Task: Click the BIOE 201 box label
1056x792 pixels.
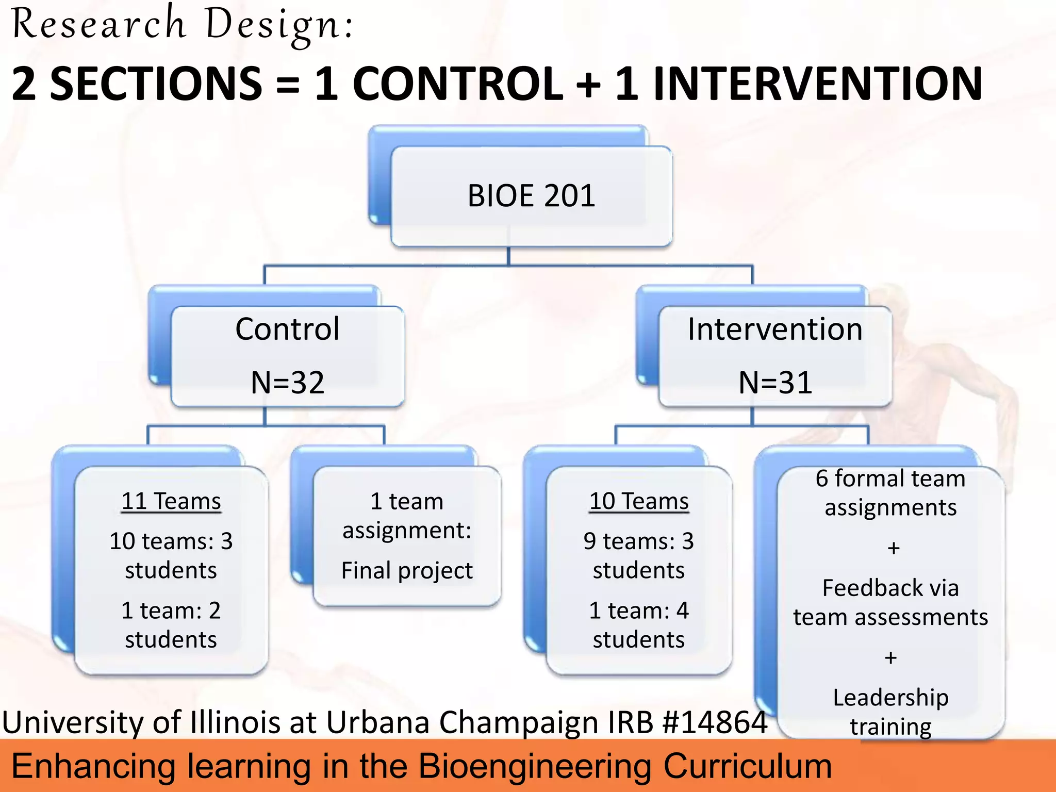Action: click(531, 196)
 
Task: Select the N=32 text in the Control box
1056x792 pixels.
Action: click(288, 383)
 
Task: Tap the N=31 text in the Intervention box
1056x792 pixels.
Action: click(775, 383)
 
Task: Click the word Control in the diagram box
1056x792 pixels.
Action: click(288, 329)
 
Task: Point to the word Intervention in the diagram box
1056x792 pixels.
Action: click(775, 329)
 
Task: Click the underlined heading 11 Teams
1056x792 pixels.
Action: click(171, 501)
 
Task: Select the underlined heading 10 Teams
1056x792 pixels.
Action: click(639, 501)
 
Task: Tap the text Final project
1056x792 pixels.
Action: click(407, 570)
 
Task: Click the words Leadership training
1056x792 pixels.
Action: click(890, 712)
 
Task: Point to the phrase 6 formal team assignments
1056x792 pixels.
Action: click(890, 492)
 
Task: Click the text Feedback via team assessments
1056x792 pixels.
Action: click(890, 602)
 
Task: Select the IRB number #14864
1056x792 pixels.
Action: click(715, 722)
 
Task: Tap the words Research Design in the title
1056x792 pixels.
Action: click(183, 25)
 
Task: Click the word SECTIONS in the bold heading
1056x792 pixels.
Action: click(156, 84)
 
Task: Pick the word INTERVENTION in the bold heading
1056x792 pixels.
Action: click(817, 84)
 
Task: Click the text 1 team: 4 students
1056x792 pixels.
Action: click(639, 625)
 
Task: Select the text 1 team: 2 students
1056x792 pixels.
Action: click(171, 625)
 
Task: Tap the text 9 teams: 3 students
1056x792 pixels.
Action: click(639, 555)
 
